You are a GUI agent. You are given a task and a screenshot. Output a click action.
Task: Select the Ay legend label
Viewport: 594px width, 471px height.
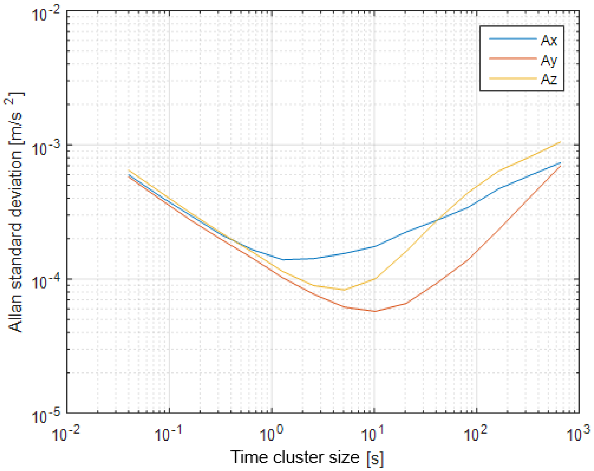coord(549,60)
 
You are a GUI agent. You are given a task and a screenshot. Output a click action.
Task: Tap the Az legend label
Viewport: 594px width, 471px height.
coord(549,79)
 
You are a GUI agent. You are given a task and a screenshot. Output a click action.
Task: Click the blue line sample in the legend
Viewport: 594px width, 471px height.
coord(513,39)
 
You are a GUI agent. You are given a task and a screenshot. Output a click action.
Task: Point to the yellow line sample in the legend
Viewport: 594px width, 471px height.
coord(513,78)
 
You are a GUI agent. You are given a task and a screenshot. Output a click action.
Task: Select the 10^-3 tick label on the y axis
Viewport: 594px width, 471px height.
coord(46,148)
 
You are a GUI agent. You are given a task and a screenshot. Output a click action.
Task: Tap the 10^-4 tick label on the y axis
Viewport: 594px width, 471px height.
coord(46,282)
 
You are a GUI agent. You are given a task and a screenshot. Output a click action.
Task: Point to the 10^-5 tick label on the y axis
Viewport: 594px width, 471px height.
coord(46,416)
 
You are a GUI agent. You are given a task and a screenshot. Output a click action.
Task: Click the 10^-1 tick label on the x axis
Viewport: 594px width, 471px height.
coord(168,434)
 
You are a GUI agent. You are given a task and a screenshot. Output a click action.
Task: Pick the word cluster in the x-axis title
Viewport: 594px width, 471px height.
coord(298,457)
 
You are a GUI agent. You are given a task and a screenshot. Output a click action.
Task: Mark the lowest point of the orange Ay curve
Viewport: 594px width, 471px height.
coord(375,311)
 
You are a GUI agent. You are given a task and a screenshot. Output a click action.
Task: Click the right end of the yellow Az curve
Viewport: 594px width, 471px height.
coord(560,142)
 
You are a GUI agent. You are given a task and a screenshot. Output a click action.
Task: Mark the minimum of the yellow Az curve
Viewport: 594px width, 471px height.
coord(344,290)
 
